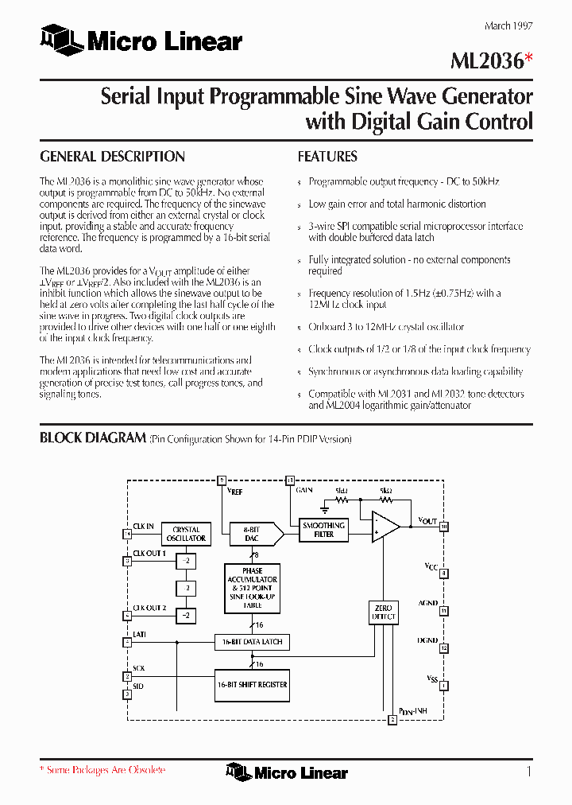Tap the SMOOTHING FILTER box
tap(323, 530)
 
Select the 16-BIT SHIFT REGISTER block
tap(252, 684)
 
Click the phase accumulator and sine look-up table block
tap(252, 588)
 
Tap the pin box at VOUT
tap(444, 527)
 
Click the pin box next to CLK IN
tap(127, 534)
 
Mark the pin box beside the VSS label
tap(444, 685)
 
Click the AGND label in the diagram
tap(428, 604)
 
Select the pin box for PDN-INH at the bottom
tap(392, 720)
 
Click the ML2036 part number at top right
tap(485, 63)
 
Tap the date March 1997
tap(508, 25)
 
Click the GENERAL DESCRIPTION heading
tap(112, 157)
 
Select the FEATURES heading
tap(327, 157)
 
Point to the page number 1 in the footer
tap(528, 771)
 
